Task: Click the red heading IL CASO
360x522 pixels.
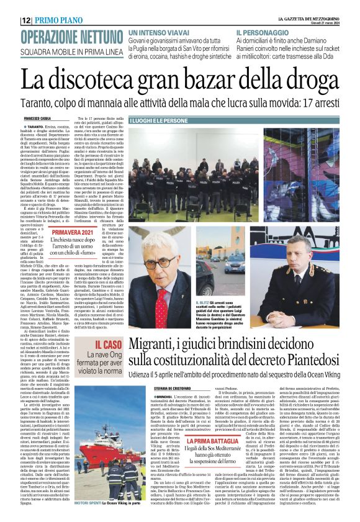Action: tap(107, 344)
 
